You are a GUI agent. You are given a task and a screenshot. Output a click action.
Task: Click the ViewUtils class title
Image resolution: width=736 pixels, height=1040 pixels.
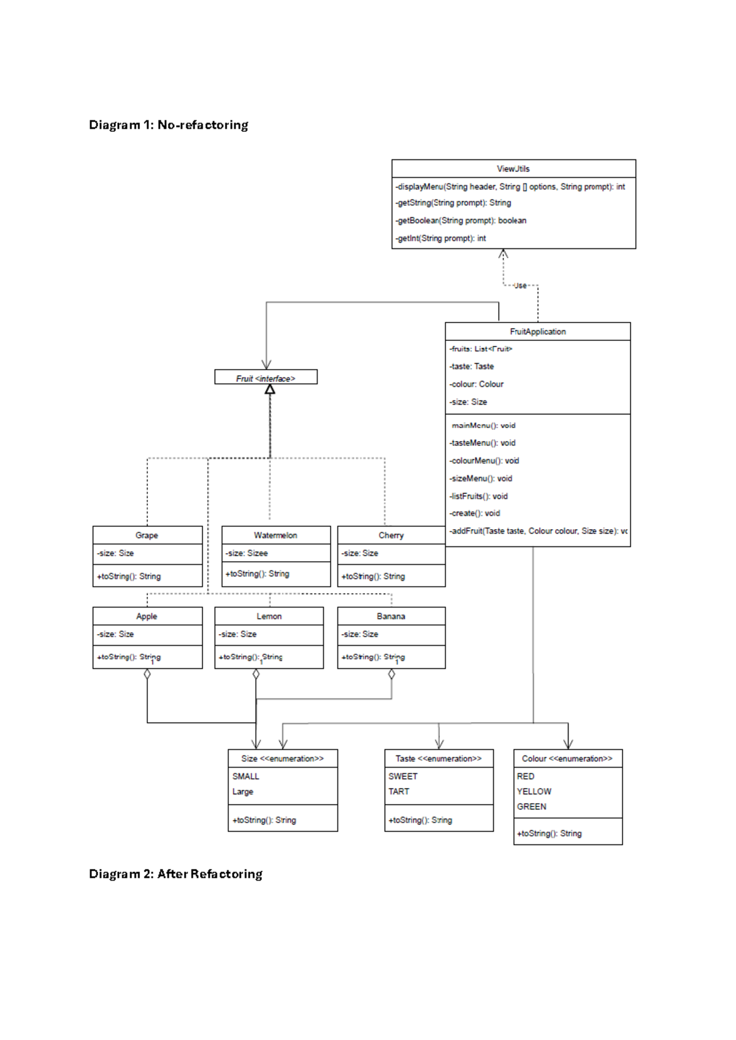pos(513,169)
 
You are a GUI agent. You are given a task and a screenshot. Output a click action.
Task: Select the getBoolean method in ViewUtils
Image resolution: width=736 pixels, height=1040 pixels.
pos(461,221)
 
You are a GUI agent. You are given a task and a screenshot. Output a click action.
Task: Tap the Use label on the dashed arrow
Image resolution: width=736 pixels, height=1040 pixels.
pos(520,286)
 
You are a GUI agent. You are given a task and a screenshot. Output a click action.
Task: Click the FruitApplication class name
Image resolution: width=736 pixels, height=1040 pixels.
pos(538,332)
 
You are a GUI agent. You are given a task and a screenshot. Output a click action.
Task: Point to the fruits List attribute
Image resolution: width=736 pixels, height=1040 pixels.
pos(481,349)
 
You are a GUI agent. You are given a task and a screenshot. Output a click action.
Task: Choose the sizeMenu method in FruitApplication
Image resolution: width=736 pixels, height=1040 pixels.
pos(481,478)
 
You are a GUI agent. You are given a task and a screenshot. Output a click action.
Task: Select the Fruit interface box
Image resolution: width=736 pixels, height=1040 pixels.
pos(266,378)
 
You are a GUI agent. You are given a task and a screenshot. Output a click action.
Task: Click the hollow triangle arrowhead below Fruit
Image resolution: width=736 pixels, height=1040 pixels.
pos(270,389)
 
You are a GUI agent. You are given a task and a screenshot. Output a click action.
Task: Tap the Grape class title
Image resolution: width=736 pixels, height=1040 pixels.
pos(147,535)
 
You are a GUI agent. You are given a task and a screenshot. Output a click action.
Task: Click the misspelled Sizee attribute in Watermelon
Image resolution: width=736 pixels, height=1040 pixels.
pos(247,553)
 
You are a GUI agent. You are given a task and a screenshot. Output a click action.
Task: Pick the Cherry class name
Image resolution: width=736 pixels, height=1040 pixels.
pos(391,535)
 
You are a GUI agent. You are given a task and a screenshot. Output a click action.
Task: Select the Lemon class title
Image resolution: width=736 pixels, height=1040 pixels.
pos(269,616)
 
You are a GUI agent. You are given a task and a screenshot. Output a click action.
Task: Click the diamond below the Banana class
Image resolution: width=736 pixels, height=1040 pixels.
pos(392,675)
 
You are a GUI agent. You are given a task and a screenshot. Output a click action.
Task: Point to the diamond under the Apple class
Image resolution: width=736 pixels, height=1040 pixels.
pos(147,675)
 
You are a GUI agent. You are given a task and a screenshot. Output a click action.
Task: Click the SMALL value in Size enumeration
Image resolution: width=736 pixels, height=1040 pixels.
pos(245,776)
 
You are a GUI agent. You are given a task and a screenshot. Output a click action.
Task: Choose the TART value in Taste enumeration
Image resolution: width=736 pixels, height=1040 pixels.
pos(399,792)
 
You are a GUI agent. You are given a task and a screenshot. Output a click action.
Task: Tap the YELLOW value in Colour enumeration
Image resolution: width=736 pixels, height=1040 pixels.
pos(534,792)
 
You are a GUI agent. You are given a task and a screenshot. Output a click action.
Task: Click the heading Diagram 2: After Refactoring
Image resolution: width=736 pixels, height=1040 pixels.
pos(175,874)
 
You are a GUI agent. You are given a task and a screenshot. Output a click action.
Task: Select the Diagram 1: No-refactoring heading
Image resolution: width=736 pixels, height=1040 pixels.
pos(169,125)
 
